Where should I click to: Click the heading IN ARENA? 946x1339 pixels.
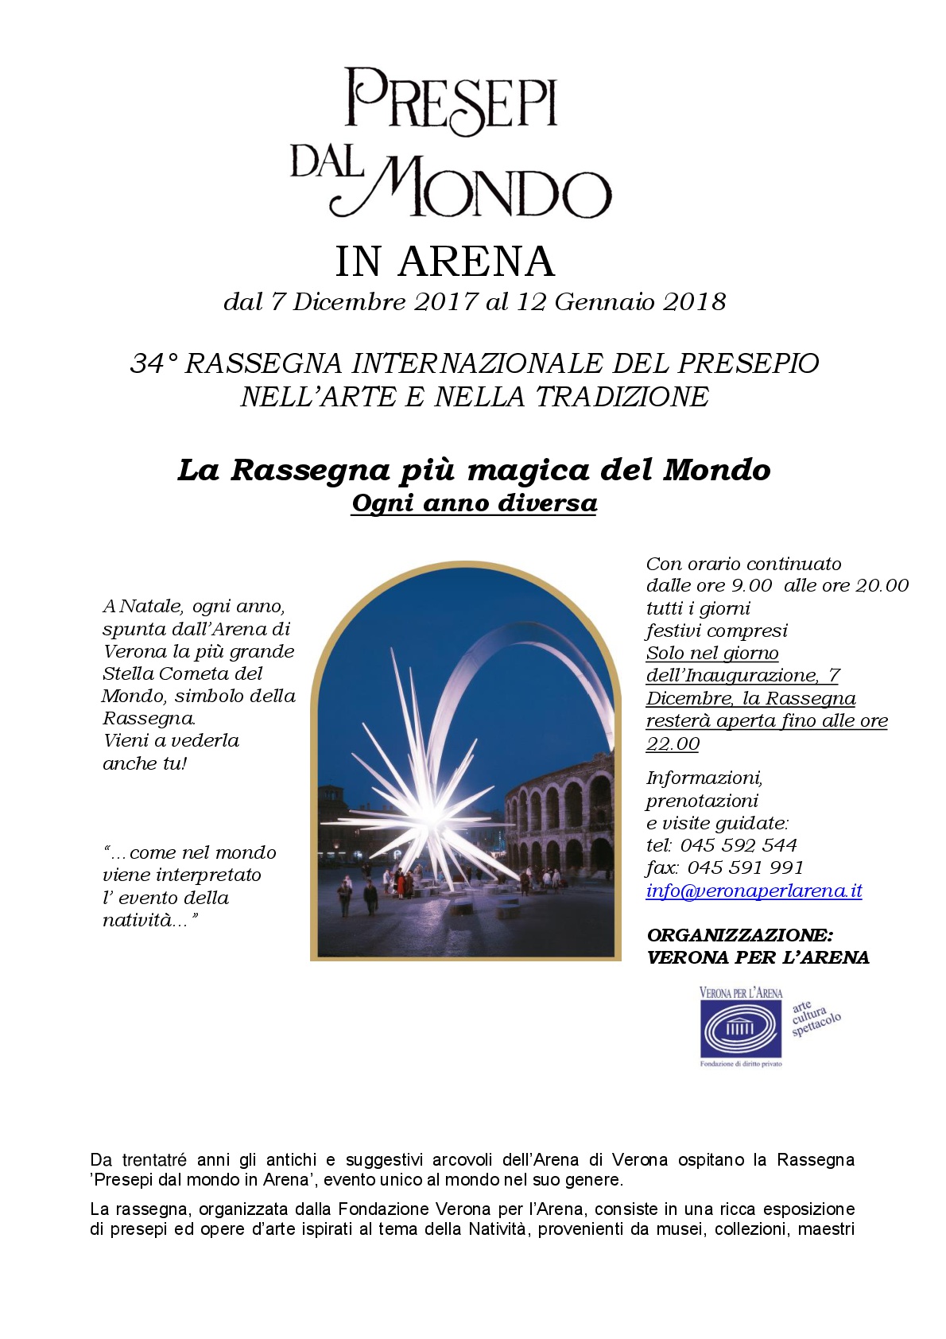click(x=444, y=262)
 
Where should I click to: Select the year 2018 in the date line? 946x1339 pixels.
click(x=694, y=302)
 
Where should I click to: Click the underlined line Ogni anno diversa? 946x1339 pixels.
click(x=474, y=503)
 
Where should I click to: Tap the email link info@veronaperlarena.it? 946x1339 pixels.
click(x=754, y=891)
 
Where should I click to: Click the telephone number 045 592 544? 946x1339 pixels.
click(x=739, y=845)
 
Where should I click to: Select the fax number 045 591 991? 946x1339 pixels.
click(x=745, y=867)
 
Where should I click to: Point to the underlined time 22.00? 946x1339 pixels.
click(x=673, y=743)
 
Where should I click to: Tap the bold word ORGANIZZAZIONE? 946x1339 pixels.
click(x=739, y=935)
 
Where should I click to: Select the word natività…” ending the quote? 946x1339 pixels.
click(x=150, y=920)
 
